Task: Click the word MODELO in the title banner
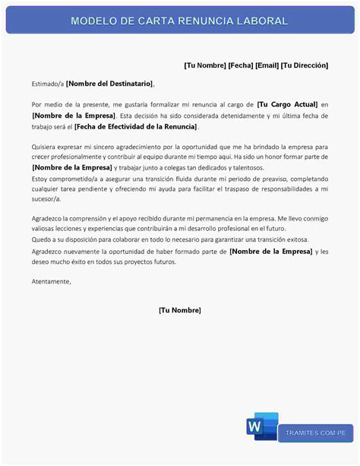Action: tap(92, 21)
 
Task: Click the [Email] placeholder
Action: tap(266, 65)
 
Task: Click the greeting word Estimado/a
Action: tap(48, 83)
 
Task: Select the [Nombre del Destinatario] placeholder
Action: tap(109, 83)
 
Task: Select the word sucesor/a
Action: tap(46, 198)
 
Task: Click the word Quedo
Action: tap(42, 239)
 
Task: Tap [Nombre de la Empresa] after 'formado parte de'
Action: tap(270, 251)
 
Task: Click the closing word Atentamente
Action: tap(51, 281)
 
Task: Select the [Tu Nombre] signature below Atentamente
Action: tap(180, 310)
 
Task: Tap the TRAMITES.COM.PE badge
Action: tap(316, 433)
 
